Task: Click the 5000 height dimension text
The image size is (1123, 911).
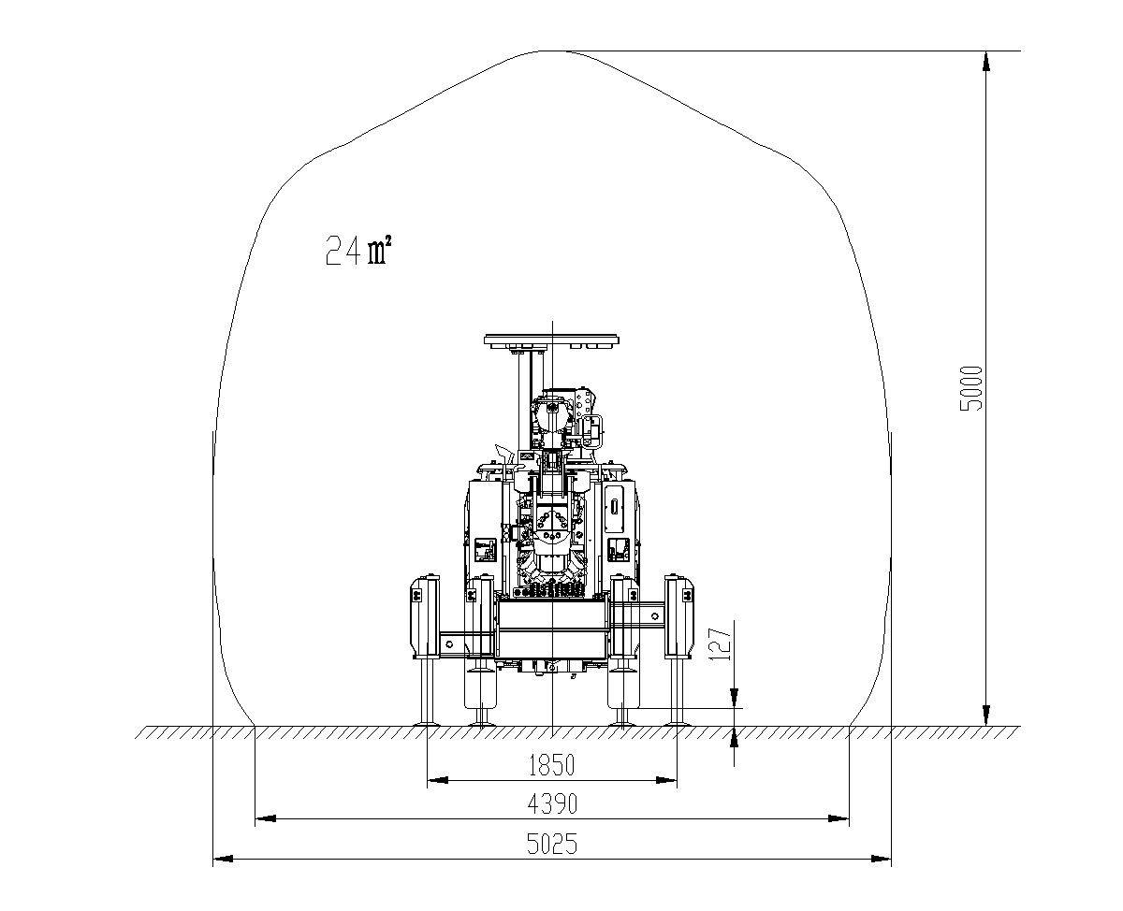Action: pos(971,388)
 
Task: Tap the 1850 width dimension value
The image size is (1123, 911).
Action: pos(551,765)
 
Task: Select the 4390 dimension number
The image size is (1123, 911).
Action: pos(552,804)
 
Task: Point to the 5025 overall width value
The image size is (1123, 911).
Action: pos(552,844)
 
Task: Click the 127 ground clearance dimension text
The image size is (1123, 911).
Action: pos(721,643)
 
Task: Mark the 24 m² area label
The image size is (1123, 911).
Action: pos(358,251)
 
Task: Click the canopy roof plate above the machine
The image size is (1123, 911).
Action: pos(551,339)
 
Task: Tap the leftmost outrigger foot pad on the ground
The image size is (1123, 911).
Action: pos(427,724)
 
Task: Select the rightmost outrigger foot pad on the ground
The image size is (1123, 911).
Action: pos(677,724)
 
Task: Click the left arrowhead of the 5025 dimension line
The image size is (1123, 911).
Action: pos(223,859)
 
